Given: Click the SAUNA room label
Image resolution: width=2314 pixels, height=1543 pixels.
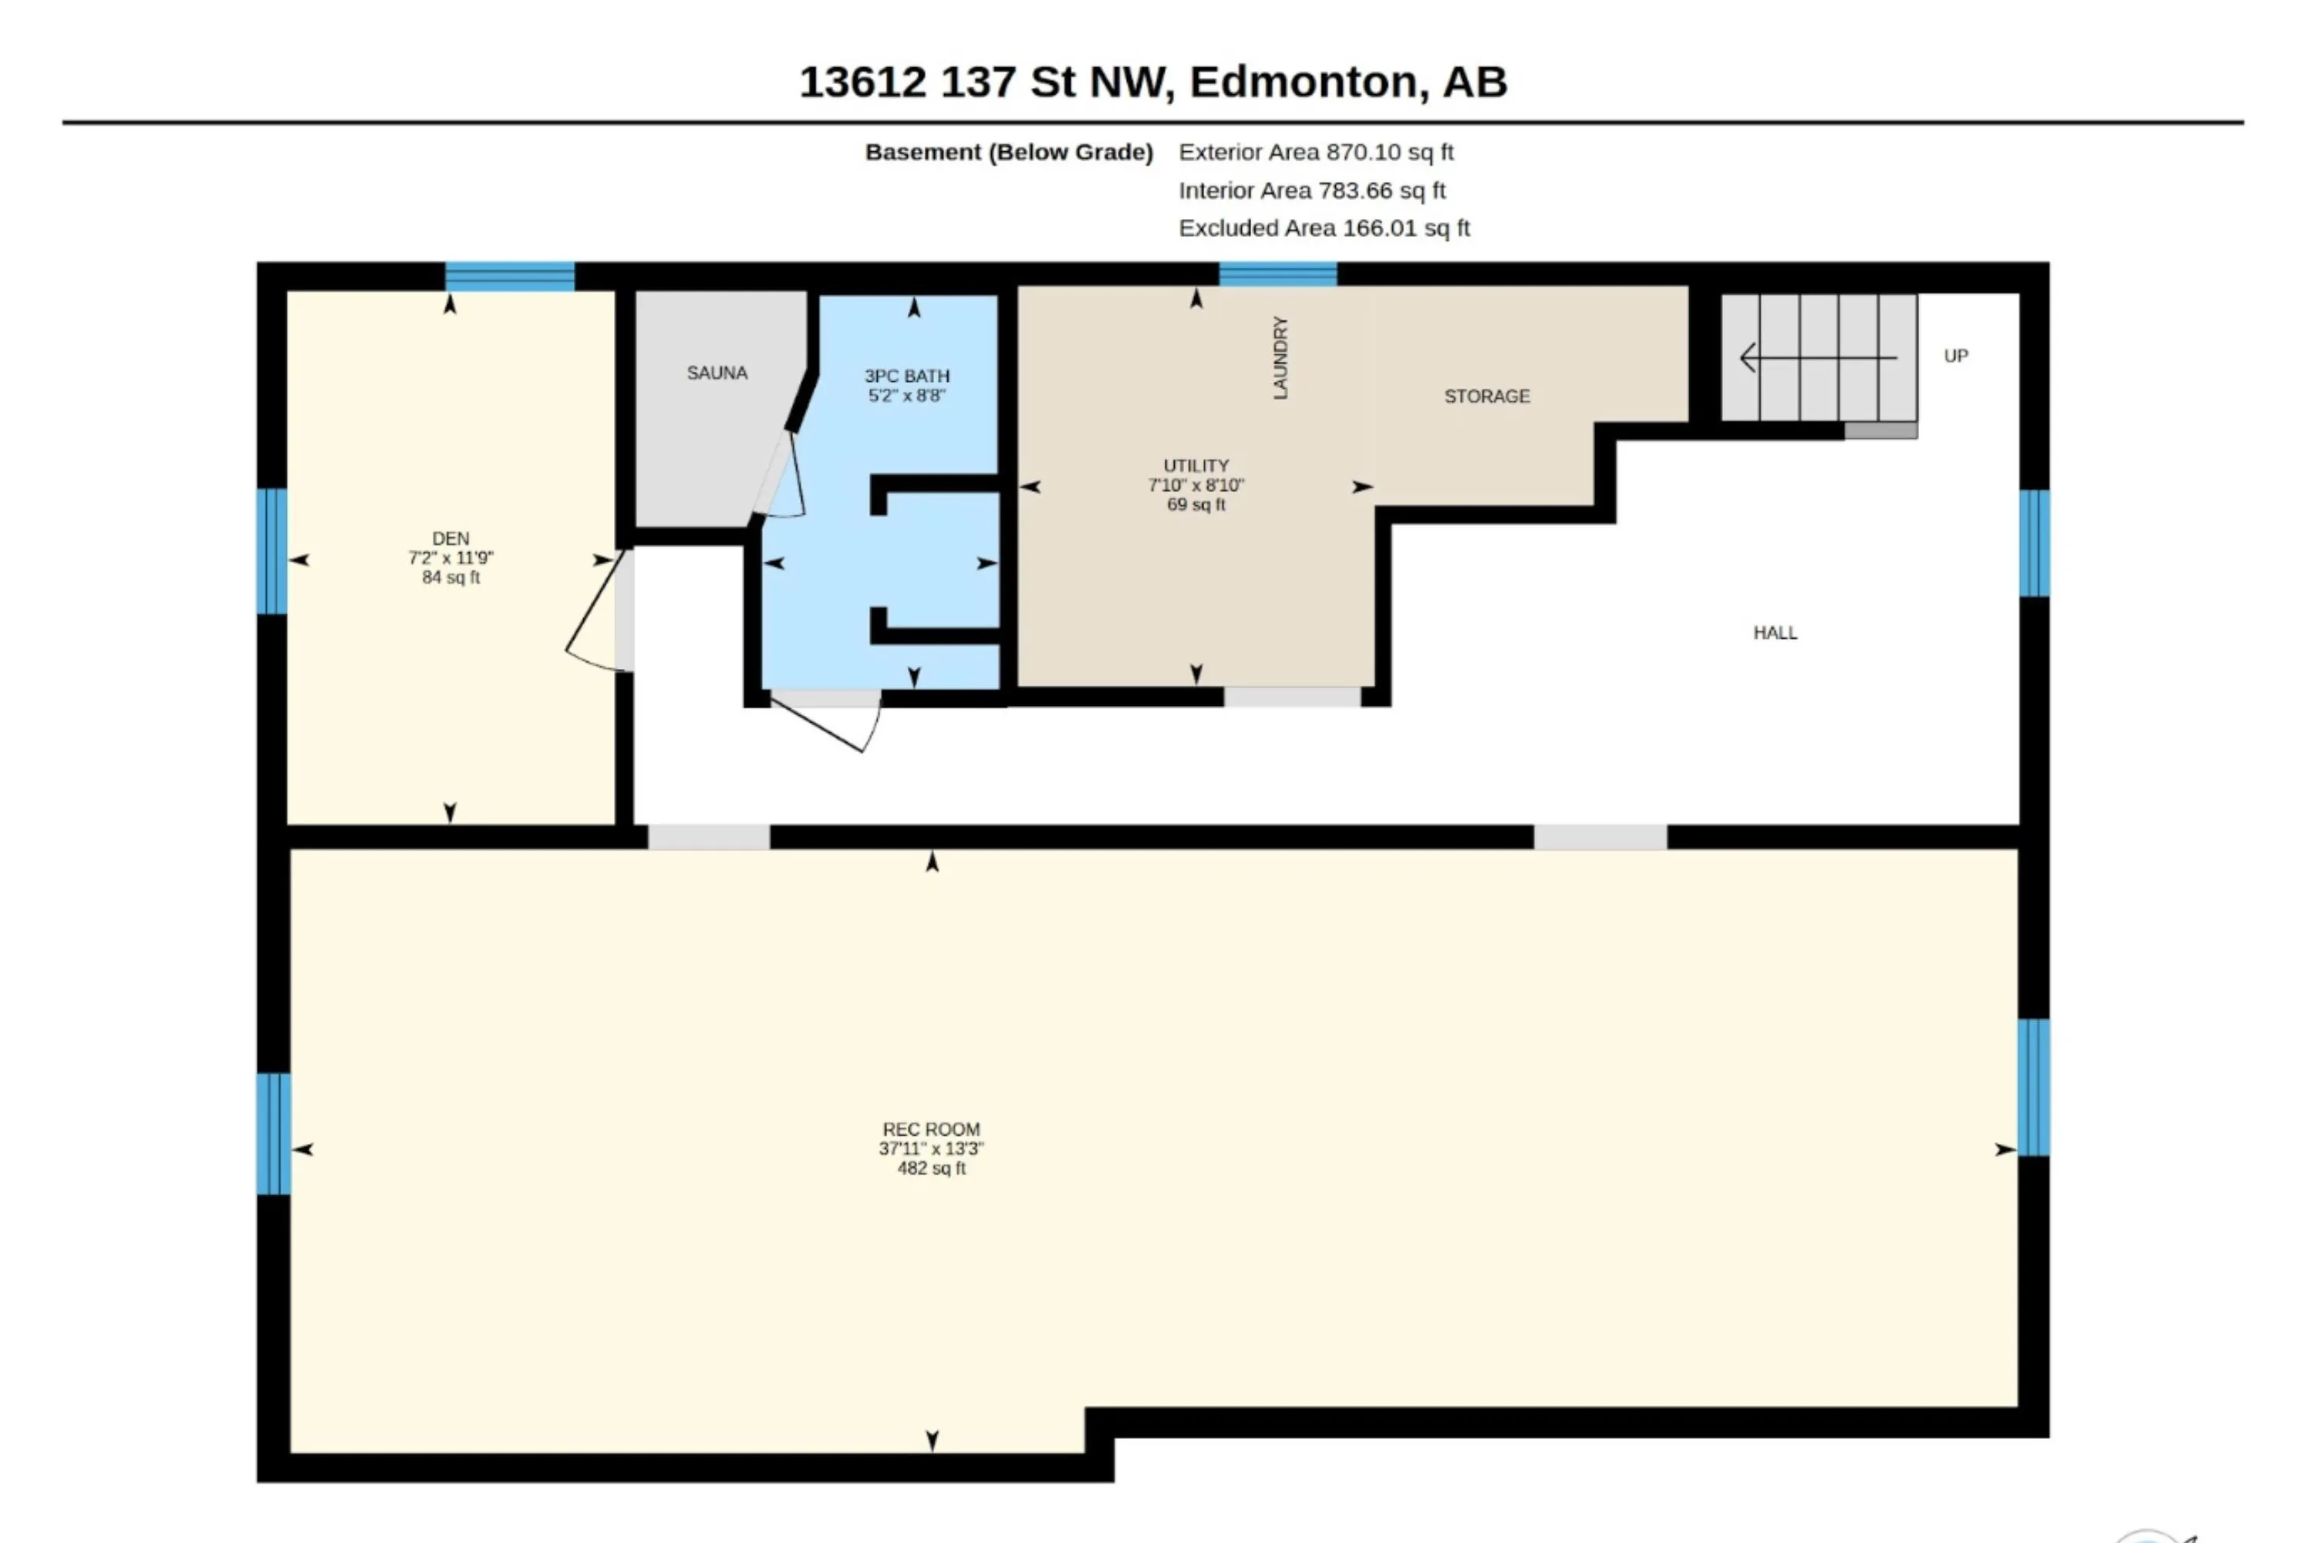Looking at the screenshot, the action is pos(717,373).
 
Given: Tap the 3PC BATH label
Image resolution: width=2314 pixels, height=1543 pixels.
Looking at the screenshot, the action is pos(906,376).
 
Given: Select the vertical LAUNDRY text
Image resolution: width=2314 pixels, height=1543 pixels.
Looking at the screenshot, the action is pos(1280,357).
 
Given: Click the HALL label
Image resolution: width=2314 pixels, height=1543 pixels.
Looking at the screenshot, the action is pos(1775,633).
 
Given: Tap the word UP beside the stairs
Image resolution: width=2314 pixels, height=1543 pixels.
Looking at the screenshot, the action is pos(1956,356).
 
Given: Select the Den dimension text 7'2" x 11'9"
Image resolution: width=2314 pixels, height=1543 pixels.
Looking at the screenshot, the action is pos(450,558).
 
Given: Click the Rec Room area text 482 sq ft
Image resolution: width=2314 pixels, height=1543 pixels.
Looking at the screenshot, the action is pos(932,1168).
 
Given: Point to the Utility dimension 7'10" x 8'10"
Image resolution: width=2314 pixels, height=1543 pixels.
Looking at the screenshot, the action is pos(1196,485).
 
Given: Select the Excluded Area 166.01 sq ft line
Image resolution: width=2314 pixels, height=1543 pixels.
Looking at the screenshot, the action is pos(1324,228).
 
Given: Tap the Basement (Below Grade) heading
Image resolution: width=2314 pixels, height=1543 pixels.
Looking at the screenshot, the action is pos(1008,153).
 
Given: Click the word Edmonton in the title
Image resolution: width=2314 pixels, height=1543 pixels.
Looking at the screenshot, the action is pos(1308,83).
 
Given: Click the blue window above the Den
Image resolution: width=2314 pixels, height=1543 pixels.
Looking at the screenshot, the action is pos(510,276).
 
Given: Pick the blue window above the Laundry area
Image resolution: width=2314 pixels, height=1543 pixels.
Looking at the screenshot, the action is pos(1277,275).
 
